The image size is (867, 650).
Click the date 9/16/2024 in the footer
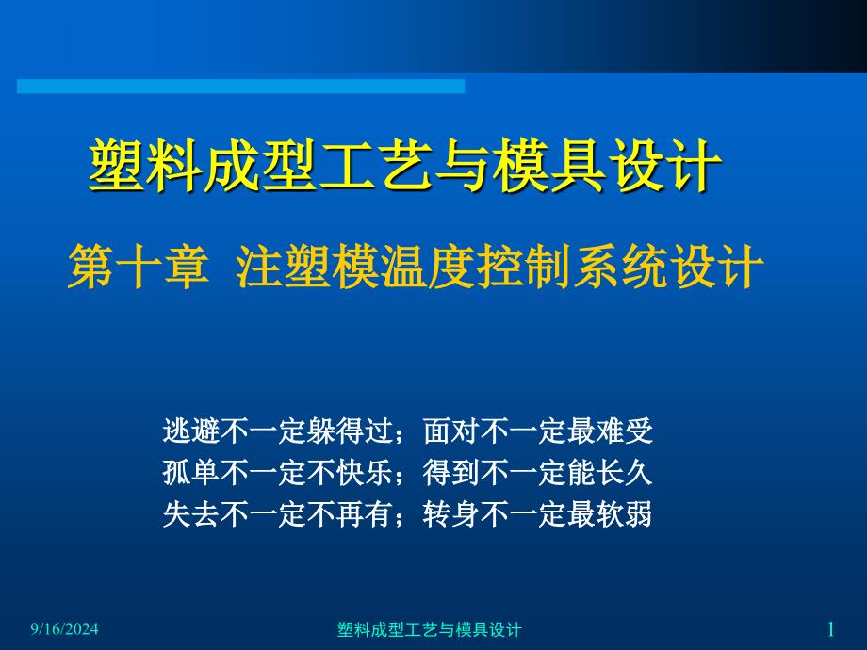pos(64,629)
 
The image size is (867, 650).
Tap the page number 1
pos(830,629)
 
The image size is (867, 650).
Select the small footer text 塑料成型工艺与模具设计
pos(429,629)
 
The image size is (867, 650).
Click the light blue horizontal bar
pos(240,87)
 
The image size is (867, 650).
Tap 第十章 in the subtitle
pos(139,267)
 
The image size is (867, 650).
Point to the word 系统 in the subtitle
pos(621,267)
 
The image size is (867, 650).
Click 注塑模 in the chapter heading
pos(307,267)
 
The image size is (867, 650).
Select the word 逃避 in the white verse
pos(191,431)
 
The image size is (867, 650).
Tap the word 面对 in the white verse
pos(451,431)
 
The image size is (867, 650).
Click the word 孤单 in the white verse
pos(191,473)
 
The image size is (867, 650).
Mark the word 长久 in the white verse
pos(625,473)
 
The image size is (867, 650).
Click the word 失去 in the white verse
pos(191,514)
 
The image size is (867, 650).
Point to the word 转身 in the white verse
pos(451,514)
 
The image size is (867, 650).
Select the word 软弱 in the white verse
pos(625,514)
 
